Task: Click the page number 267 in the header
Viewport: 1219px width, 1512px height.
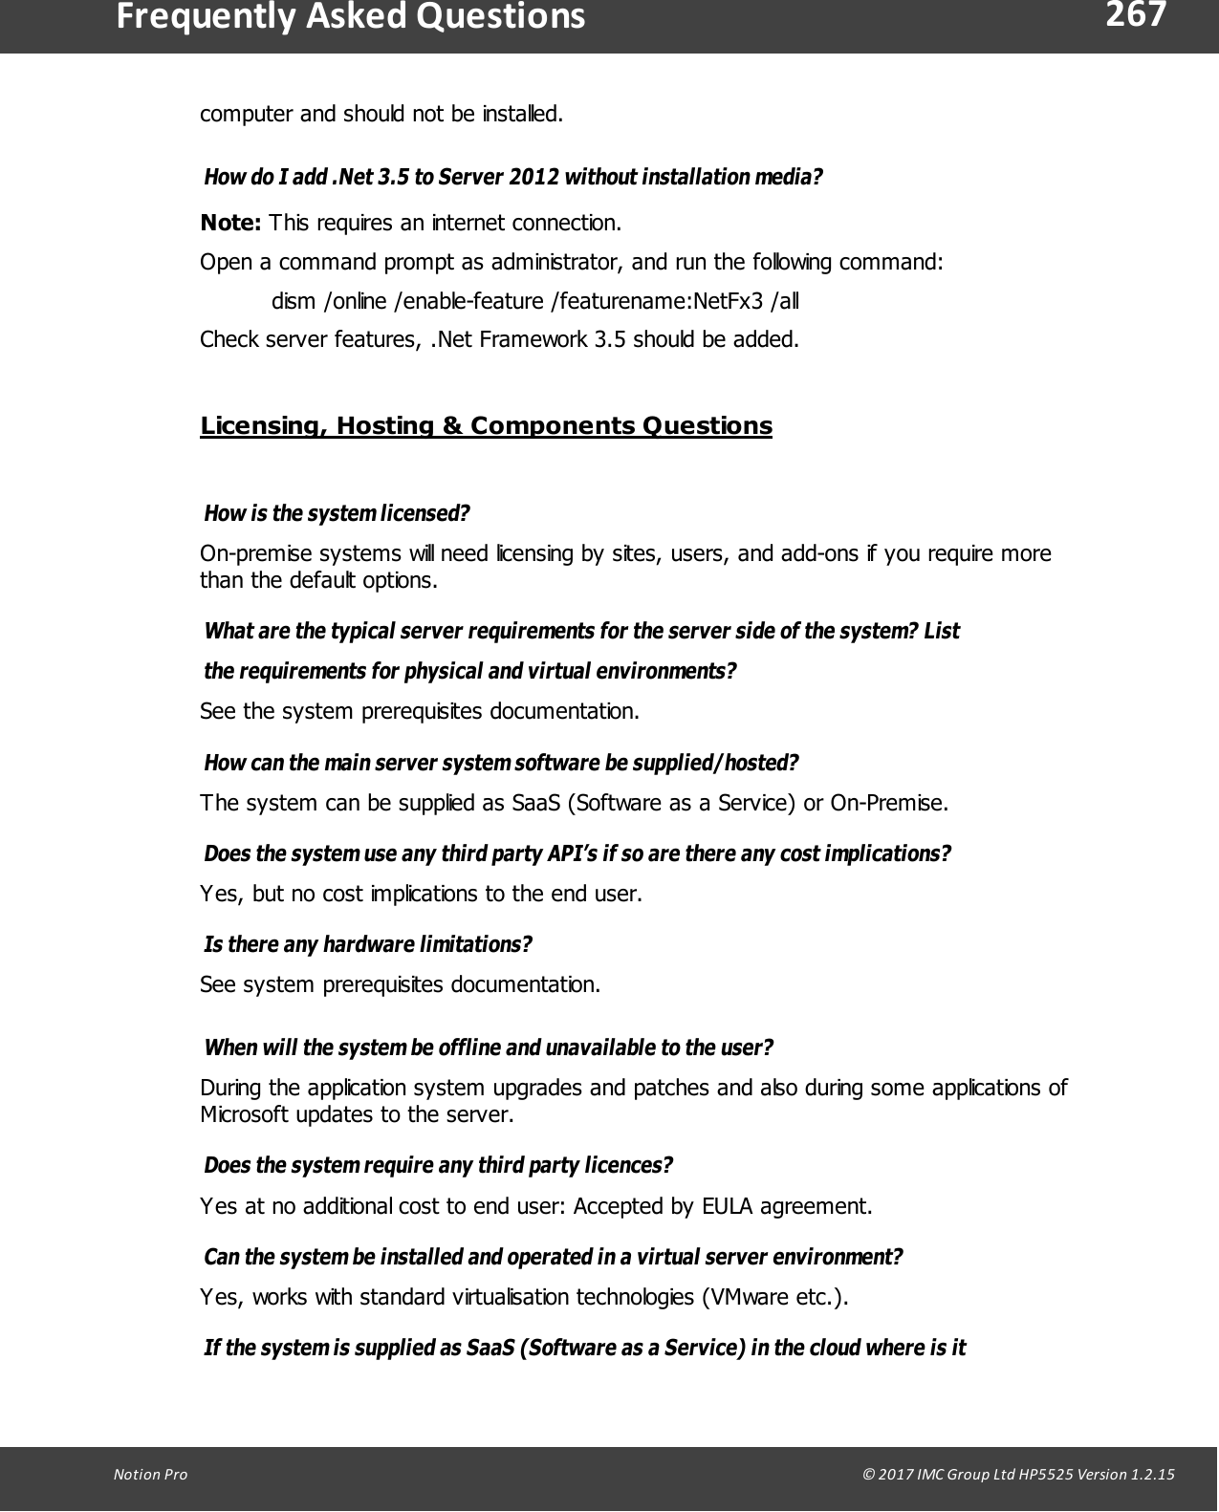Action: point(1136,16)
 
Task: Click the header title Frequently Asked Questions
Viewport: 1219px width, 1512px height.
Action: point(350,17)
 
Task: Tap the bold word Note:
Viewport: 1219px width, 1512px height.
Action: point(230,224)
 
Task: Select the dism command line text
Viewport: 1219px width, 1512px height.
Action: point(535,302)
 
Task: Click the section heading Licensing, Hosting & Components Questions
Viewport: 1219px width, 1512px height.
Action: point(486,425)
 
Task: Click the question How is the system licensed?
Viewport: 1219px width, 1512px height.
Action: point(337,514)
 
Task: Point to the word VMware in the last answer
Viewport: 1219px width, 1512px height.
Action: point(745,1297)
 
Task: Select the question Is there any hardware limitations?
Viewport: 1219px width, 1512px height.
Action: point(368,945)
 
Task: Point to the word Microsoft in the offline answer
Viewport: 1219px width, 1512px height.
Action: point(248,1114)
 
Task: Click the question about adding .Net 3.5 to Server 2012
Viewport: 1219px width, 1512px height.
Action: point(513,178)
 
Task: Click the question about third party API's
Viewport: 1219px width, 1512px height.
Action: point(577,853)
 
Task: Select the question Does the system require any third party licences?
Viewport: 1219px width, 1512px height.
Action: point(439,1166)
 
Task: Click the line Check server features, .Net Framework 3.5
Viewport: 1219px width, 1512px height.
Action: point(499,339)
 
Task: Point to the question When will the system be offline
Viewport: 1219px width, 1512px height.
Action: point(489,1048)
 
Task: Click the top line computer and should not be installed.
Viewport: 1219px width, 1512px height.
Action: point(381,115)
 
